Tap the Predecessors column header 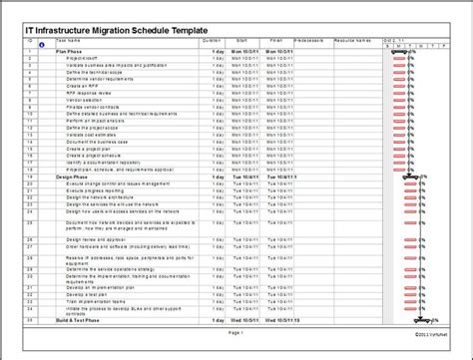click(x=309, y=40)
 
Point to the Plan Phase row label click(x=70, y=50)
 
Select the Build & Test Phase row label click(x=77, y=320)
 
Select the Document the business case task click(x=96, y=142)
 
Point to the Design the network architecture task click(x=105, y=197)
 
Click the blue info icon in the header click(x=41, y=46)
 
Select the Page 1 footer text click(x=236, y=332)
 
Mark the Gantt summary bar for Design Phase click(x=410, y=178)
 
